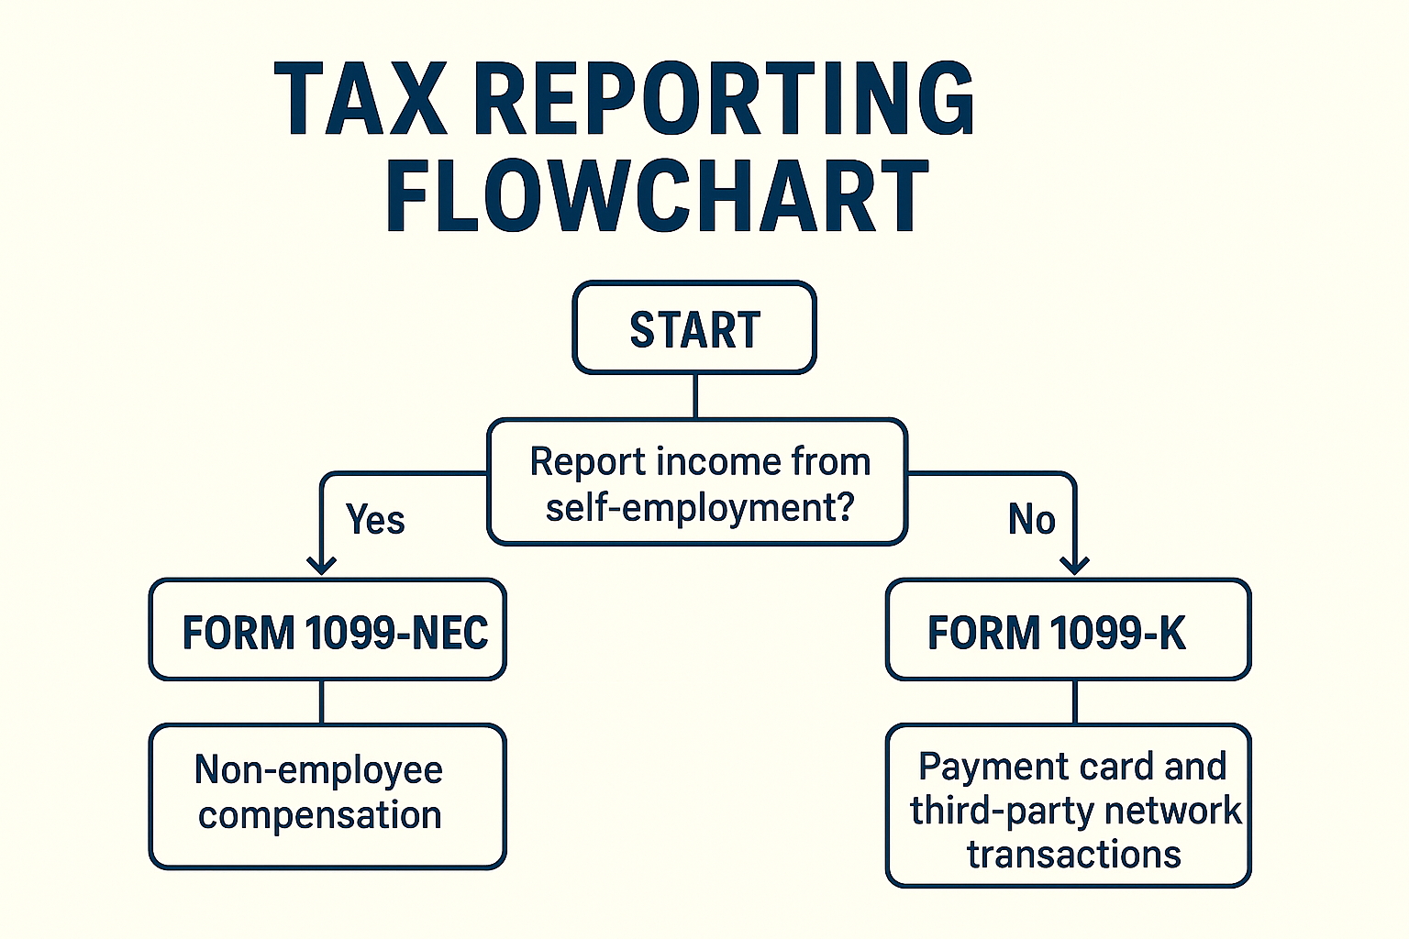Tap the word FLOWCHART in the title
click(658, 195)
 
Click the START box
click(694, 327)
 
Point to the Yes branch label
click(375, 520)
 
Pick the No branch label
click(1032, 520)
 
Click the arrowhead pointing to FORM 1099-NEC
click(321, 565)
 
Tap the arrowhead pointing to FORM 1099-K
click(1074, 565)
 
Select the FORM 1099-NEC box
click(327, 630)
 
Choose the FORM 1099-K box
click(1068, 630)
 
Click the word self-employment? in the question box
click(700, 507)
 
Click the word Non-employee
click(319, 770)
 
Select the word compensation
click(320, 815)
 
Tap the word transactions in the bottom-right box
click(1074, 854)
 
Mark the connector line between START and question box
click(695, 396)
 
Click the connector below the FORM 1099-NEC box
click(321, 701)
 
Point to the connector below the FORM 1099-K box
click(1074, 701)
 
